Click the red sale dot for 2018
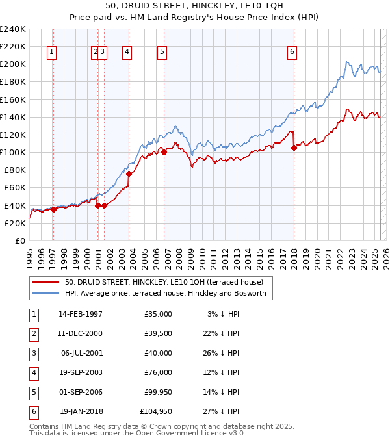(294, 148)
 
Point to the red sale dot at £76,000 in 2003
(129, 174)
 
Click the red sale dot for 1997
(53, 209)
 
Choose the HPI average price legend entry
(169, 293)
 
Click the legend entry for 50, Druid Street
(164, 283)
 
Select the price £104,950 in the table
(156, 411)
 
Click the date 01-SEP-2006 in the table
(81, 392)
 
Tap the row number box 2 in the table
(32, 333)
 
